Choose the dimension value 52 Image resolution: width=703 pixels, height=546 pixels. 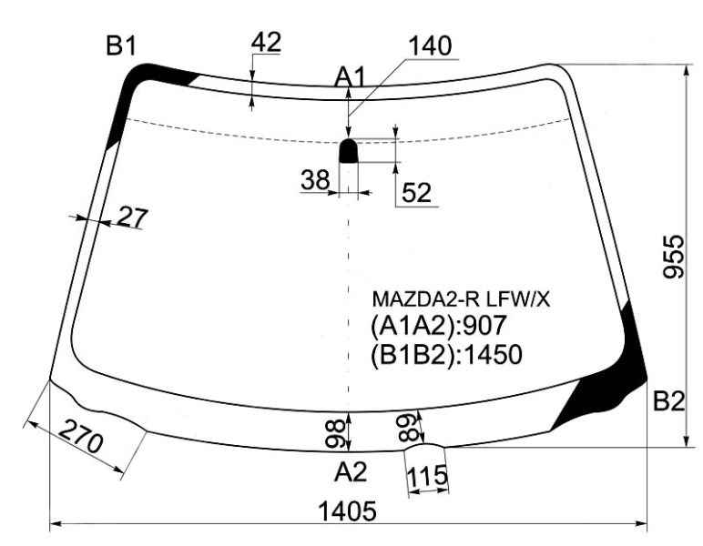[415, 193]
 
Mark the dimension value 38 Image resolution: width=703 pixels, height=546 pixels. [315, 181]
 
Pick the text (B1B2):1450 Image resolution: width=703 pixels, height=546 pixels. [445, 354]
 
